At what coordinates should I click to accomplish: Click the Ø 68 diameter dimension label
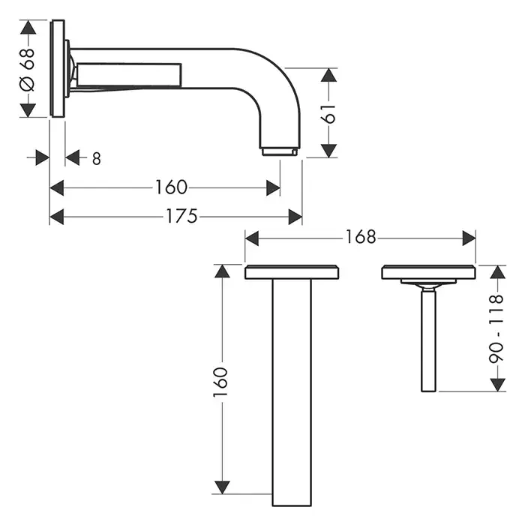[x=28, y=69]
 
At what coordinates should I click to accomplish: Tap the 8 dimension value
[x=97, y=159]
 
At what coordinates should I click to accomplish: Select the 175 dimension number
[x=181, y=216]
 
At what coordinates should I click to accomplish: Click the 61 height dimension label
[x=328, y=113]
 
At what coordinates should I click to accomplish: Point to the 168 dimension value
[x=361, y=237]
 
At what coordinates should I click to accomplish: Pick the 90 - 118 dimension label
[x=496, y=328]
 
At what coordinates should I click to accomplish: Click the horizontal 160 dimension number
[x=171, y=187]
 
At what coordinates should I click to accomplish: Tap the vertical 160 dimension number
[x=220, y=382]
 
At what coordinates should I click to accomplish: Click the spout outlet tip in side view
[x=279, y=151]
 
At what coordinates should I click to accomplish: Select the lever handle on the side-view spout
[x=129, y=75]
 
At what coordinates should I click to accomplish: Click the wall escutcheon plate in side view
[x=57, y=68]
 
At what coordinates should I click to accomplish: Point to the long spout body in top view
[x=292, y=392]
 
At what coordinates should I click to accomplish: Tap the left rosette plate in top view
[x=292, y=271]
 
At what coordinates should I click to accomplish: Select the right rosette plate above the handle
[x=428, y=271]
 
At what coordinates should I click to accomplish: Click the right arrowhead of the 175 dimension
[x=295, y=217]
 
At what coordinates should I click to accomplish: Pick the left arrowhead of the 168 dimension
[x=252, y=238]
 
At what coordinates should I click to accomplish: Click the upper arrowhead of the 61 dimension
[x=328, y=75]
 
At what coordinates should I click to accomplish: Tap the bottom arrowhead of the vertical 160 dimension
[x=222, y=487]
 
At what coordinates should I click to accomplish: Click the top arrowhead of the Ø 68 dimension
[x=28, y=27]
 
